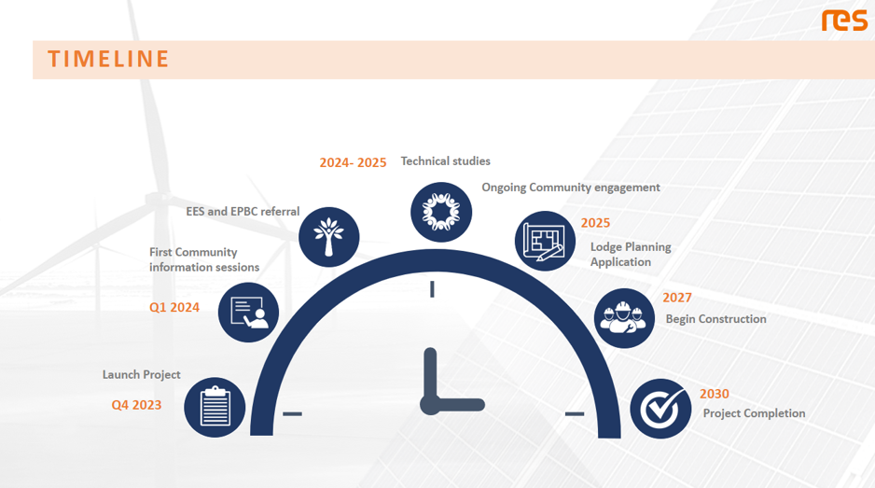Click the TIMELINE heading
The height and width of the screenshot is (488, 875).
pyautogui.click(x=108, y=59)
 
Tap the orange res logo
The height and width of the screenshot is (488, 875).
pyautogui.click(x=844, y=21)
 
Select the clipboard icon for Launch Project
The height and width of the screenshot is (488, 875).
pyautogui.click(x=215, y=407)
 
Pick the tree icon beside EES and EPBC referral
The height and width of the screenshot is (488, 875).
pyautogui.click(x=329, y=237)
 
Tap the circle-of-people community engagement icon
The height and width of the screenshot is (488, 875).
pyautogui.click(x=441, y=211)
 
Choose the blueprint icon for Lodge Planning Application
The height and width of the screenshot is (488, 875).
pyautogui.click(x=545, y=241)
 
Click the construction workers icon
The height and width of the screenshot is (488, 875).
pyautogui.click(x=624, y=318)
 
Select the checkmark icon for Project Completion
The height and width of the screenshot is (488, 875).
pyautogui.click(x=660, y=408)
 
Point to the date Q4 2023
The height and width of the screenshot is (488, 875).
pyautogui.click(x=136, y=405)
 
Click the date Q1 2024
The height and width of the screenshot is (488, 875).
pyautogui.click(x=174, y=307)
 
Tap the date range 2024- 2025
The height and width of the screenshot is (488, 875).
pyautogui.click(x=353, y=162)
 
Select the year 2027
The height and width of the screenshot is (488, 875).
pyautogui.click(x=677, y=298)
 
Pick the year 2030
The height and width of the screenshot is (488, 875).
pyautogui.click(x=715, y=394)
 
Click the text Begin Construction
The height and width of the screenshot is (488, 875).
pyautogui.click(x=715, y=319)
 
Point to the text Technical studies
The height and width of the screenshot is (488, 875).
pyautogui.click(x=445, y=161)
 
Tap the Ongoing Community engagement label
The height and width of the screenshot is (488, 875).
pyautogui.click(x=570, y=188)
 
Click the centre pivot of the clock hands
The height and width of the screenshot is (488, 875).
pyautogui.click(x=430, y=405)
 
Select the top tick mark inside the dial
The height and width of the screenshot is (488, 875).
pyautogui.click(x=432, y=289)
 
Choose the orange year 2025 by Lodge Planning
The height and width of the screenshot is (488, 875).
pyautogui.click(x=595, y=223)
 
